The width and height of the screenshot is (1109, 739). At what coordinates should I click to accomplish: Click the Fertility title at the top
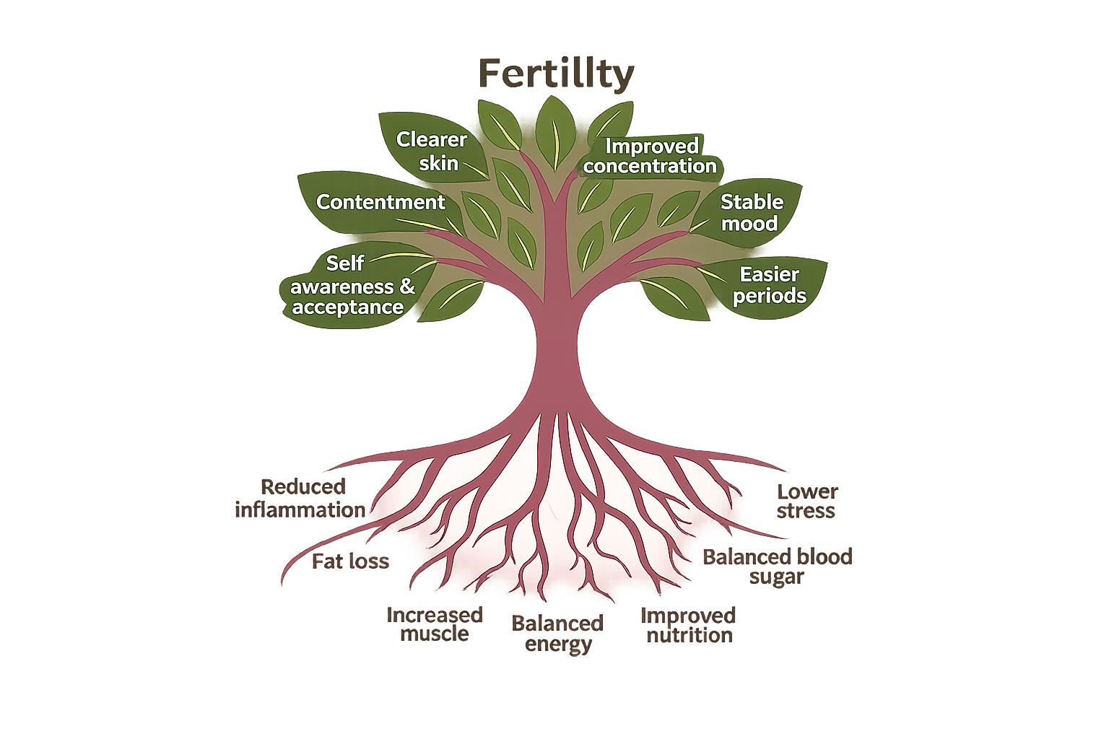pos(556,74)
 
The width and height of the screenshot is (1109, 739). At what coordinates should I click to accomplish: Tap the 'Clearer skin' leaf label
pos(432,151)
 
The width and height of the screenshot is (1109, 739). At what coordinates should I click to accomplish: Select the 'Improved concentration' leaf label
pos(650,156)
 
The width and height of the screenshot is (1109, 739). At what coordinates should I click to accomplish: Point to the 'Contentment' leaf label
pos(380,202)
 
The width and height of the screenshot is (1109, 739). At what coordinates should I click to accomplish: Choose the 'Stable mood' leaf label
pos(751,212)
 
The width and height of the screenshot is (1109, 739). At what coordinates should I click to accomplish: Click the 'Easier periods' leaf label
pos(769,285)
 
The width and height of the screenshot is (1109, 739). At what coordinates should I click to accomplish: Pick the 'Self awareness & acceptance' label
pos(350,286)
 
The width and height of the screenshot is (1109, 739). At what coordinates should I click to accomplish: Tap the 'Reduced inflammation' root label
pos(301,498)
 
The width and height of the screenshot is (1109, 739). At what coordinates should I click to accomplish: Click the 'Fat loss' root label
pos(350,561)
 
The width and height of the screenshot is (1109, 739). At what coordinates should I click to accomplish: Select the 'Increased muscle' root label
pos(435,624)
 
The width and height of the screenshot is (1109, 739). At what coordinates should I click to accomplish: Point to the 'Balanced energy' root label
pos(557,633)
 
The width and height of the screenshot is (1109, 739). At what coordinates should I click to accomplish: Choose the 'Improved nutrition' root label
pos(689,625)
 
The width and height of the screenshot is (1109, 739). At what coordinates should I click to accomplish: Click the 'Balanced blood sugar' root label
pos(777,567)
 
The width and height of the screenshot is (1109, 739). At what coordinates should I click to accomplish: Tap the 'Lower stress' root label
pos(806,502)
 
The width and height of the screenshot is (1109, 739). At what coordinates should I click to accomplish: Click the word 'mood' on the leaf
pos(749,224)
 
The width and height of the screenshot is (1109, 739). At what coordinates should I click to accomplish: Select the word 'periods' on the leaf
pos(769,296)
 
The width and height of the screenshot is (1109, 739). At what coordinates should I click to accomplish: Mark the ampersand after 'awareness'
pos(407,287)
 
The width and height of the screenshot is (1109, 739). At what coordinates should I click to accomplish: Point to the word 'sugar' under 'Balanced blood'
pos(776,577)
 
